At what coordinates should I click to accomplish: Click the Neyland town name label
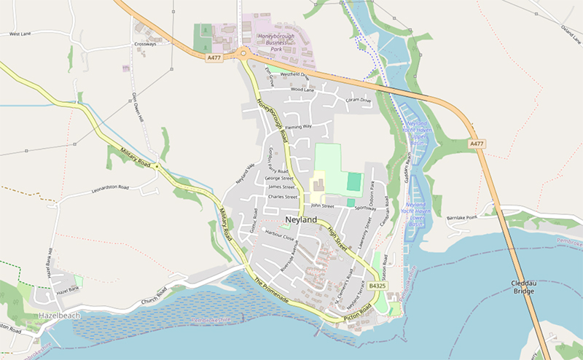click(x=302, y=219)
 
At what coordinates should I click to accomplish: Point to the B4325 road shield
click(x=377, y=286)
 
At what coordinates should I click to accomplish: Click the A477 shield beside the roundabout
click(x=213, y=58)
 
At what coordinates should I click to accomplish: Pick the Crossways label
click(x=146, y=44)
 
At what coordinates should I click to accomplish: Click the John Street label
click(x=321, y=206)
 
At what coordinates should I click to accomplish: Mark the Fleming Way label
click(x=298, y=126)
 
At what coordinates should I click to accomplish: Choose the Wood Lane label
click(x=302, y=90)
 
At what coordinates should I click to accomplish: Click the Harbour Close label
click(x=279, y=237)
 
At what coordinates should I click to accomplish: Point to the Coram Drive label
click(x=358, y=100)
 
